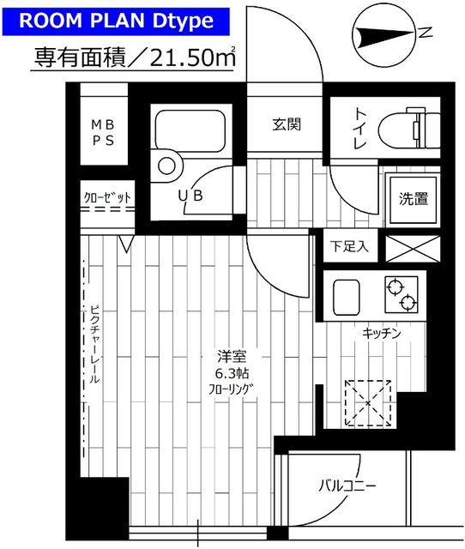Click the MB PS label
click(x=106, y=133)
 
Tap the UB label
click(x=190, y=196)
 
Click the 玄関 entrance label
click(x=287, y=124)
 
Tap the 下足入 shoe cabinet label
click(x=348, y=246)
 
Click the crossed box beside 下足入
click(x=407, y=246)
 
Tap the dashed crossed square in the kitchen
click(x=367, y=401)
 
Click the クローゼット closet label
click(x=107, y=198)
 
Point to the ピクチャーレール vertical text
click(x=94, y=343)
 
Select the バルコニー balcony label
click(x=347, y=486)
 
